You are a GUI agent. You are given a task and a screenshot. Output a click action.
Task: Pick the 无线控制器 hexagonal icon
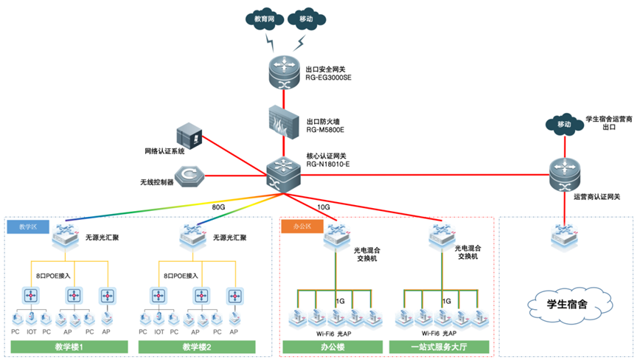tap(188, 176)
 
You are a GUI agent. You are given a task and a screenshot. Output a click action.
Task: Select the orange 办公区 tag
tap(302, 226)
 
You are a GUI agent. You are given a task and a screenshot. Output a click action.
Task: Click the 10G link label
tap(323, 207)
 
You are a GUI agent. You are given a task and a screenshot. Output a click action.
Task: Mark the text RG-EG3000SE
tap(330, 76)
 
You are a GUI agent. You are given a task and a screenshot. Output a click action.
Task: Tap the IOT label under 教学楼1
tap(31, 330)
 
